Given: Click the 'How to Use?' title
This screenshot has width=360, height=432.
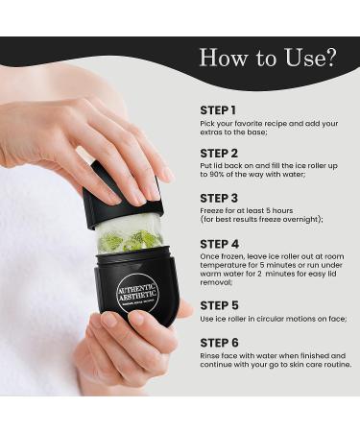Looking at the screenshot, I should tap(267, 57).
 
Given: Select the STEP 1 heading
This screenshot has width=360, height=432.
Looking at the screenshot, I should tap(219, 110).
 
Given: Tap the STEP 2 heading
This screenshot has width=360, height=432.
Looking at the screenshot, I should tap(220, 153).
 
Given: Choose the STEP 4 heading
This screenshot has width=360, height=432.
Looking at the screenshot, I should tap(220, 244).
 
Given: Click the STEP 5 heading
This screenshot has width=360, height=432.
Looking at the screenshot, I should tap(220, 305).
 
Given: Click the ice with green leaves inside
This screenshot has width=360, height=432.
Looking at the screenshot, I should tap(129, 238).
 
